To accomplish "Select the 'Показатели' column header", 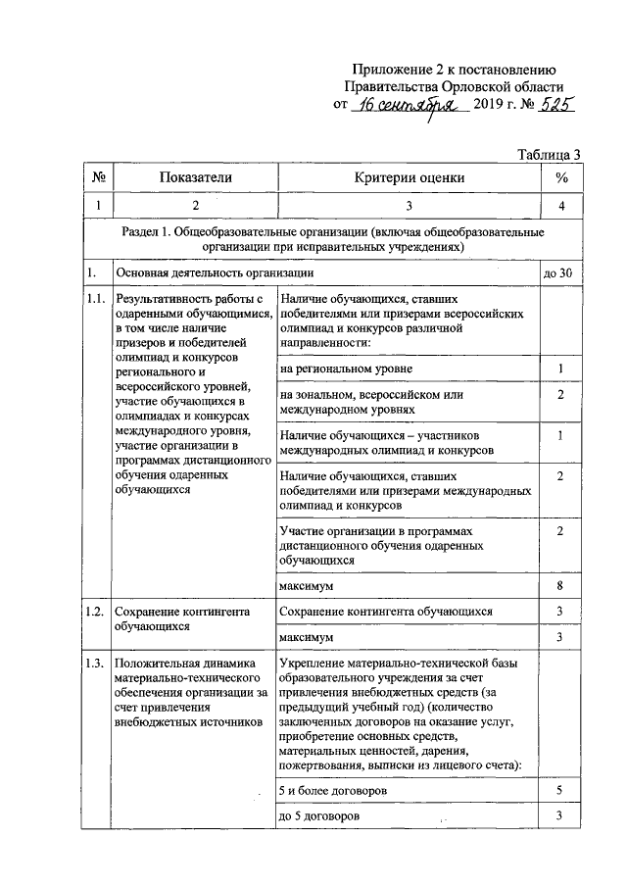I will [195, 177].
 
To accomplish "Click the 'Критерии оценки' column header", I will [410, 177].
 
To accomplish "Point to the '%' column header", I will [561, 177].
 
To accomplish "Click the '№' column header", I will [98, 177].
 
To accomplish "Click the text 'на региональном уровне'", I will [346, 368].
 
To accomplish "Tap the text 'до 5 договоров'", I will [319, 815].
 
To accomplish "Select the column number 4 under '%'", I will [561, 206].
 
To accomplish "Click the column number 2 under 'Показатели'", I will [195, 206].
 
